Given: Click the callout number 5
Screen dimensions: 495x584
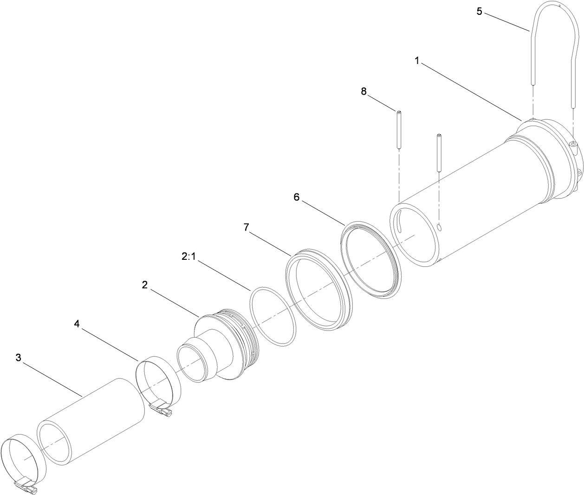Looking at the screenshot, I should [x=479, y=12].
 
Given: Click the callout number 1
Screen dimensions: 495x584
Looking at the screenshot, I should [x=417, y=61].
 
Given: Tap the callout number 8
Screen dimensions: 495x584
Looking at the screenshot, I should [x=363, y=91].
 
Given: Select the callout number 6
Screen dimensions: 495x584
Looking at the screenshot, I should [x=296, y=197].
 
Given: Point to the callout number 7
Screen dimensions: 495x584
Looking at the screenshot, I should [x=247, y=227].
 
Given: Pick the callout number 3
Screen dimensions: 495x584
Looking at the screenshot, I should [x=18, y=357].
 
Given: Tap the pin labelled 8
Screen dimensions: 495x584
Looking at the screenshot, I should [x=399, y=130].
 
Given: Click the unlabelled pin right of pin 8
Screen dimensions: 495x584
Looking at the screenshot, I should [x=438, y=153].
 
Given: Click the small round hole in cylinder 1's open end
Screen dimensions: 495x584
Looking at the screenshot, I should [x=439, y=227].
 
